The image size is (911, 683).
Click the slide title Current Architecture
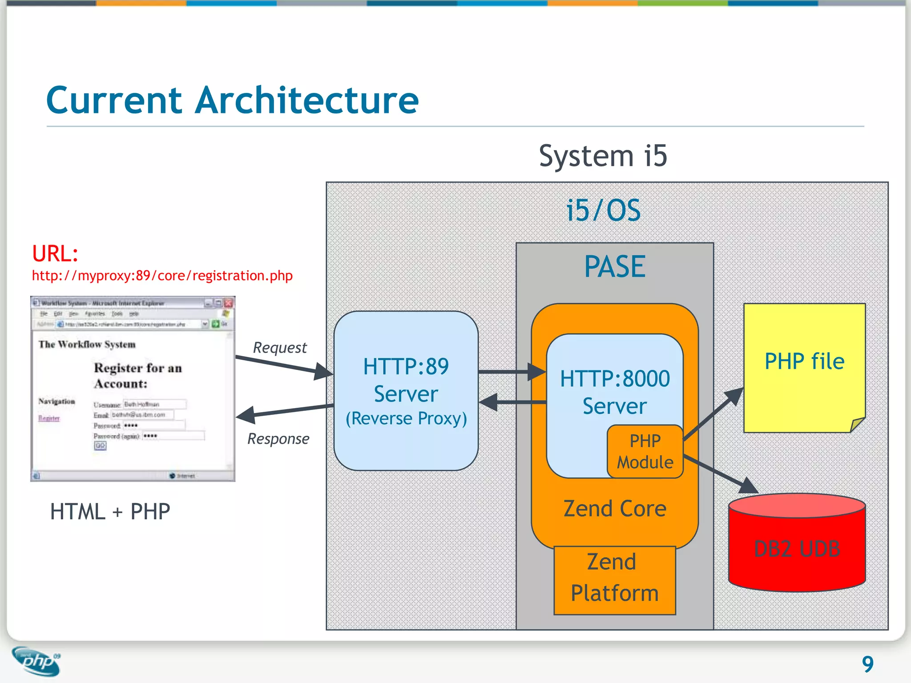point(232,100)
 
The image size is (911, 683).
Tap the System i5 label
point(603,156)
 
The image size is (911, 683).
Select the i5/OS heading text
point(603,210)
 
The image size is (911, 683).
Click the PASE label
point(614,267)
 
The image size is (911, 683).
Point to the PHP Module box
point(645,452)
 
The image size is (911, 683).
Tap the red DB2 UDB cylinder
point(797,548)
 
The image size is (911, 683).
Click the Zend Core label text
point(614,509)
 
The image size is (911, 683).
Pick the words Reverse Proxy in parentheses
point(406,418)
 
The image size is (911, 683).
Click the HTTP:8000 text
point(614,379)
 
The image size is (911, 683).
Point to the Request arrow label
point(280,348)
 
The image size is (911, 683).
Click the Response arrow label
point(278,439)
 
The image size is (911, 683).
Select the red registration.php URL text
point(162,276)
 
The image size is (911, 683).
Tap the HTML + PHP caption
point(110,511)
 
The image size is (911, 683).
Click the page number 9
point(867,664)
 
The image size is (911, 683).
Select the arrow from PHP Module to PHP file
point(713,414)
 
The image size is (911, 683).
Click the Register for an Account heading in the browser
point(137,376)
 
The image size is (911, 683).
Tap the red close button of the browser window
point(229,303)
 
